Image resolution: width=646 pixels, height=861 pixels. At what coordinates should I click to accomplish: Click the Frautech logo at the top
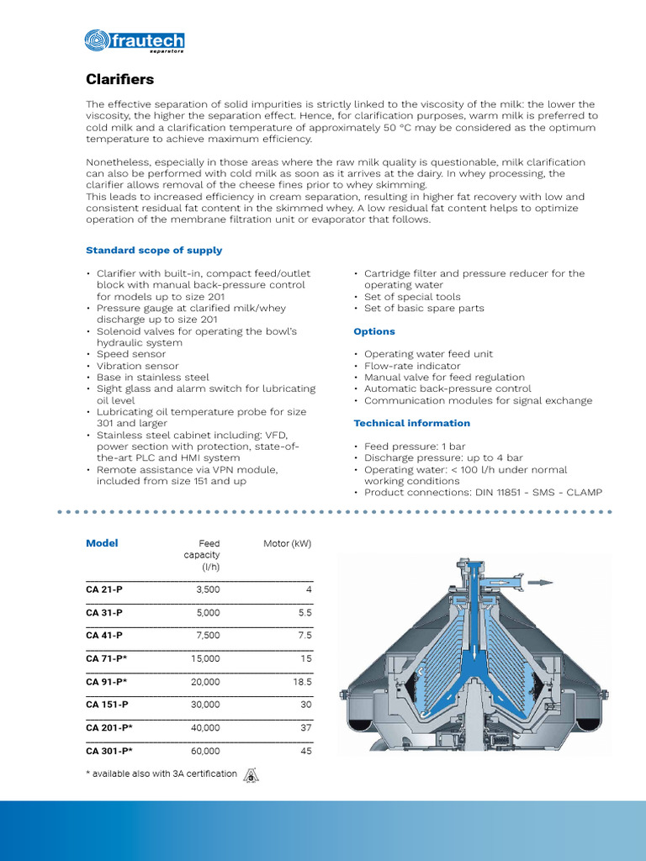tap(135, 40)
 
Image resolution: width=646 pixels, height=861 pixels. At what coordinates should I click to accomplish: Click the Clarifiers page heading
tap(120, 80)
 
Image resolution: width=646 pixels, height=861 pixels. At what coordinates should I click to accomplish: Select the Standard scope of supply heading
tap(154, 250)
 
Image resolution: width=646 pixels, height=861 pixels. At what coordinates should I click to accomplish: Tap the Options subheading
tap(374, 331)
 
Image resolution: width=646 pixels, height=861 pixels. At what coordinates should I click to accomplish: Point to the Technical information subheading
tap(411, 423)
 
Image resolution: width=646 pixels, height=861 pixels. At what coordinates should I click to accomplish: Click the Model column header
tap(102, 543)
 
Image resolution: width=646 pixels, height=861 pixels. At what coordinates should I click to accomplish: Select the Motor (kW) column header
tap(288, 544)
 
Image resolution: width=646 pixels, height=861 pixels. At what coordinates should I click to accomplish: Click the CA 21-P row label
tap(104, 590)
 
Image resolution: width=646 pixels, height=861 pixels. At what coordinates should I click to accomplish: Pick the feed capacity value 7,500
tap(206, 636)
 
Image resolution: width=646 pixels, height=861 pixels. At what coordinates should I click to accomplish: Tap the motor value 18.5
tap(302, 682)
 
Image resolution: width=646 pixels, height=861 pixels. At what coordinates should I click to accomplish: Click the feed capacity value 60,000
tap(204, 751)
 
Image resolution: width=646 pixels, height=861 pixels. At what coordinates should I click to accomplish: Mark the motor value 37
tap(305, 728)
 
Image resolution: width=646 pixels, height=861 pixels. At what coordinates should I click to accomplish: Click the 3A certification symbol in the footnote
tap(251, 775)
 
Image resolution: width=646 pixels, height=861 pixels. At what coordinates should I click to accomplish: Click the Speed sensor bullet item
tap(130, 354)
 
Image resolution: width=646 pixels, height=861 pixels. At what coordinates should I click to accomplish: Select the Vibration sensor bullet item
tap(137, 366)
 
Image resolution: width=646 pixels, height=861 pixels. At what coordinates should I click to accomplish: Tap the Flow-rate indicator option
tap(411, 366)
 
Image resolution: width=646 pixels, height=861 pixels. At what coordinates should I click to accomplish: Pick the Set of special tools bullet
tap(412, 297)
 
